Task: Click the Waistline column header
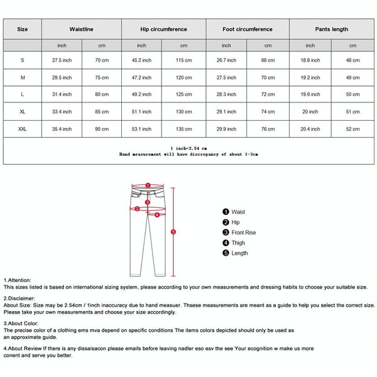[x=82, y=29]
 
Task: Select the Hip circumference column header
[x=163, y=29]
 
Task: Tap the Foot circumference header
[x=248, y=29]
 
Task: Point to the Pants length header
[x=331, y=29]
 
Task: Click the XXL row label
[x=22, y=129]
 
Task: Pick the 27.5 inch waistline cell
[x=62, y=60]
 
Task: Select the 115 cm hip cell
[x=183, y=60]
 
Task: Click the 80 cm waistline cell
[x=102, y=94]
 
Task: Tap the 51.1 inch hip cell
[x=141, y=112]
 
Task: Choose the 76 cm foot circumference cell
[x=268, y=129]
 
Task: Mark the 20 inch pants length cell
[x=310, y=112]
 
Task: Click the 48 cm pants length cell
[x=352, y=60]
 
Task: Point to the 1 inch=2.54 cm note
[x=189, y=147]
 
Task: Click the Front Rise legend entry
[x=244, y=232]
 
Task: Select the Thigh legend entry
[x=238, y=243]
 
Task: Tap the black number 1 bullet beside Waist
[x=226, y=212]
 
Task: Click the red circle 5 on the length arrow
[x=173, y=232]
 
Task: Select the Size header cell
[x=22, y=29]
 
